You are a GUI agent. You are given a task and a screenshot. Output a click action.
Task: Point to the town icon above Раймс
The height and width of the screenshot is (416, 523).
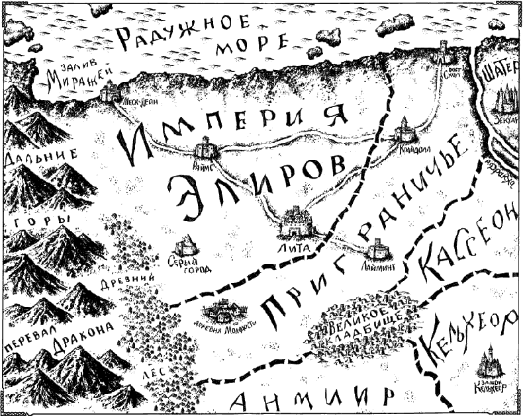point(206,146)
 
